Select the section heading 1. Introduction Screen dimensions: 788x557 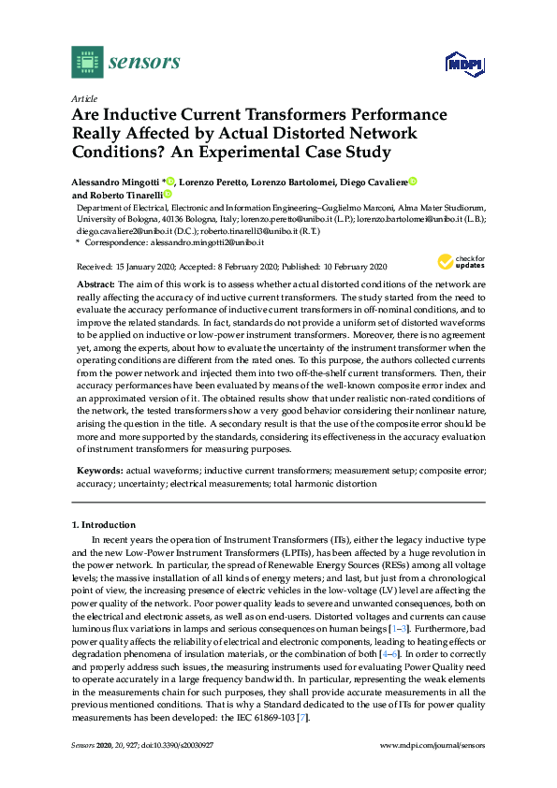coord(105,526)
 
